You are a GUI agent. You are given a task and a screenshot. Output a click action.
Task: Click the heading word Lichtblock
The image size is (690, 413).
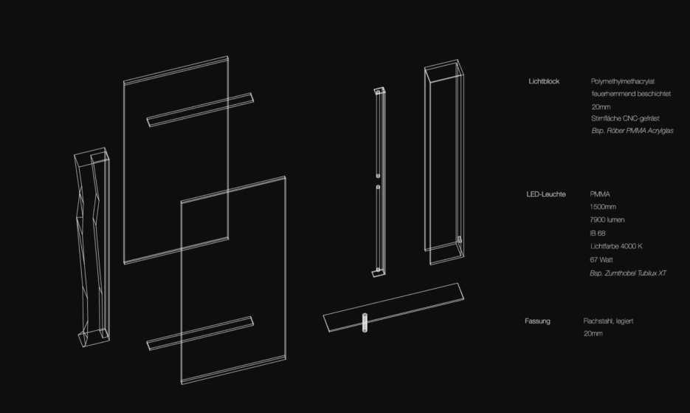coord(544,81)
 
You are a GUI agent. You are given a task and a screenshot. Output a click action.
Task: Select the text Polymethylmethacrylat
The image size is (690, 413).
coord(628,81)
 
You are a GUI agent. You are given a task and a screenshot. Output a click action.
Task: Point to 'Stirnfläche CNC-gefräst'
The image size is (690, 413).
coord(626,118)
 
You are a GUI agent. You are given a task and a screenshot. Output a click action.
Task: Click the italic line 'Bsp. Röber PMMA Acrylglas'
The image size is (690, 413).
coord(632,131)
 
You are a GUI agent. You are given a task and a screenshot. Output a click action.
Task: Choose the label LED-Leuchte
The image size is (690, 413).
coord(546,194)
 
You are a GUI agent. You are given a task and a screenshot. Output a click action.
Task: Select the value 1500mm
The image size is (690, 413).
coord(603,207)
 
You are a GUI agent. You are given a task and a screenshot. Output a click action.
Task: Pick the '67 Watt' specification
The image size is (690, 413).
coord(603,260)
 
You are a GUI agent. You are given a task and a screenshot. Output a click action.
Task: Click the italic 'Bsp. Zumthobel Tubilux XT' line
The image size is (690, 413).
coord(628,273)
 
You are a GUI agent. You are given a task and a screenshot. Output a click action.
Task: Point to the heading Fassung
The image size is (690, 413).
coord(537,321)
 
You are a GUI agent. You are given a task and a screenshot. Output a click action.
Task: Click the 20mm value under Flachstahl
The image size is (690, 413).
coord(593,334)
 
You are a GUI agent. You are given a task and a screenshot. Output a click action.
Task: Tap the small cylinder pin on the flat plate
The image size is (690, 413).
coord(365,323)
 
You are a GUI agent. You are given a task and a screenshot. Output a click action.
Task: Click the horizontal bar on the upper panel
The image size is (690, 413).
coord(200,109)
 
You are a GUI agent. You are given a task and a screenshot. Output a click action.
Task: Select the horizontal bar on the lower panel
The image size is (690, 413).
coord(200,333)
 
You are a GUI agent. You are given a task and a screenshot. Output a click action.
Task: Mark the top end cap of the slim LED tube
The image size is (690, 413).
coord(379,92)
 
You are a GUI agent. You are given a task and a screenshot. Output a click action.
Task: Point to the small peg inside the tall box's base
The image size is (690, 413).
coord(459,241)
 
